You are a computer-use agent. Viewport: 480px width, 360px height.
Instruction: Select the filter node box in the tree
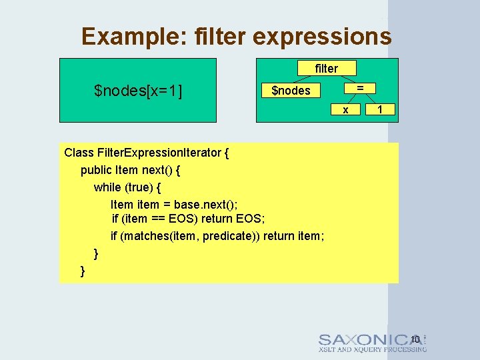pyautogui.click(x=327, y=68)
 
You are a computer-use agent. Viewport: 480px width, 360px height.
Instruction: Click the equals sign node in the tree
pyautogui.click(x=360, y=88)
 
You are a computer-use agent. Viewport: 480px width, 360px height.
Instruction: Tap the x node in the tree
pyautogui.click(x=345, y=109)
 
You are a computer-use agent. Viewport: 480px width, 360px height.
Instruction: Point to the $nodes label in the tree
pyautogui.click(x=291, y=91)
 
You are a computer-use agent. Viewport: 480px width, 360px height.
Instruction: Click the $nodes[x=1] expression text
pyautogui.click(x=139, y=90)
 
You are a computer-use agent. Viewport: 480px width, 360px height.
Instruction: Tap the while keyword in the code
pyautogui.click(x=108, y=187)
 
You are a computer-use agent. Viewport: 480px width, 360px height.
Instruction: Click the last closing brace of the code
pyautogui.click(x=83, y=270)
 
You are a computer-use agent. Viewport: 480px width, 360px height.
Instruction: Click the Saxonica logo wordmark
pyautogui.click(x=370, y=339)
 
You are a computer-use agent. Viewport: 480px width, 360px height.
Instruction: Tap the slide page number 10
pyautogui.click(x=415, y=339)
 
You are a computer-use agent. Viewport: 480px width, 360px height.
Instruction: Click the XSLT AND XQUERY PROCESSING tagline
pyautogui.click(x=372, y=349)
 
